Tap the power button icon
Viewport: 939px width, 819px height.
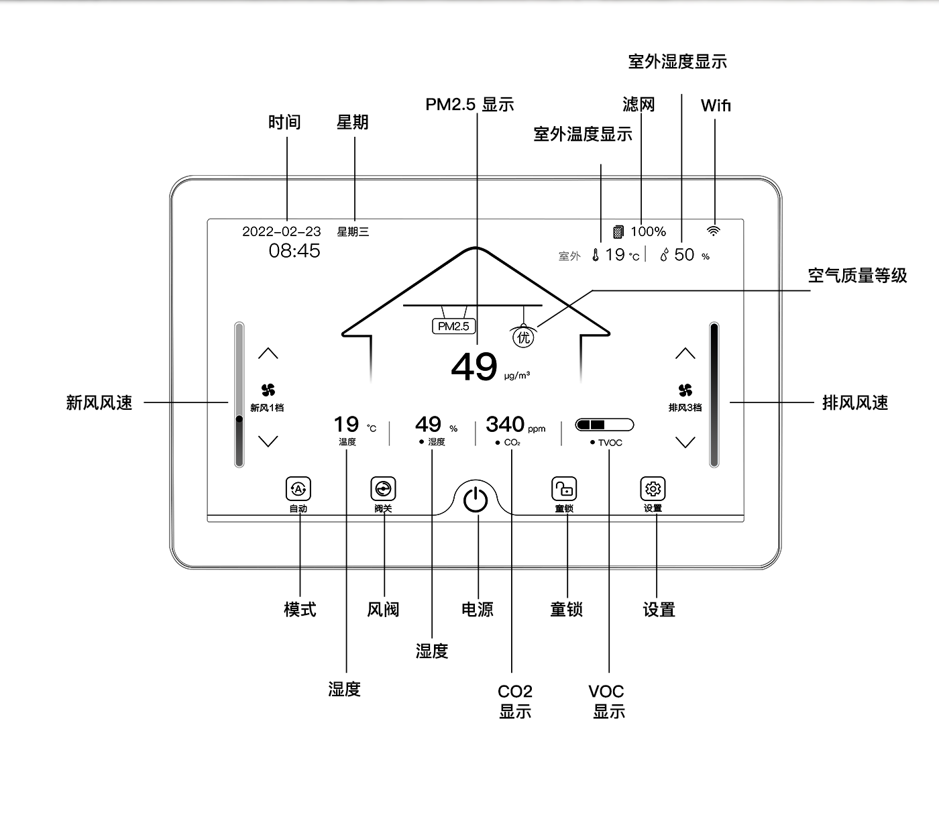[476, 500]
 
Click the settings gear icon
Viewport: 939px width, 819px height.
[653, 489]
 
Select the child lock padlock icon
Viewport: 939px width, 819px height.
[564, 489]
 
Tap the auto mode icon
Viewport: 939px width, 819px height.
[298, 489]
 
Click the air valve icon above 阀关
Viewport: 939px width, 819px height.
[383, 489]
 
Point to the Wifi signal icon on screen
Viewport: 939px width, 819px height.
[714, 231]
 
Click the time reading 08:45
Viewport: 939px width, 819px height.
[294, 251]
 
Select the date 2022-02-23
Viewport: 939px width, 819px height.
[282, 231]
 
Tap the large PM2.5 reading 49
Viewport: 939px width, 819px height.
[474, 367]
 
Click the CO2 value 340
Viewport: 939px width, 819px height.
[505, 425]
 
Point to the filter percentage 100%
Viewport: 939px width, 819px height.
[648, 231]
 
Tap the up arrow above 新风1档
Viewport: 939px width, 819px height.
[268, 353]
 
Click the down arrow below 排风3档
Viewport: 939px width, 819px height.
[685, 441]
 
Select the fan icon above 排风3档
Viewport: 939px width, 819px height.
[685, 390]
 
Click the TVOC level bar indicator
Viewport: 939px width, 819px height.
[604, 425]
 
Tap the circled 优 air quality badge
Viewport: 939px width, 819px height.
[524, 337]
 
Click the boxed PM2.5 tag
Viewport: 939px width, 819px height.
[453, 327]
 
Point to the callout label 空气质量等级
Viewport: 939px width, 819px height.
[857, 276]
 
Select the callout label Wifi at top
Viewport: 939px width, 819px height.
[716, 105]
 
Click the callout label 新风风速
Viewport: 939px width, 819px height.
[99, 402]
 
